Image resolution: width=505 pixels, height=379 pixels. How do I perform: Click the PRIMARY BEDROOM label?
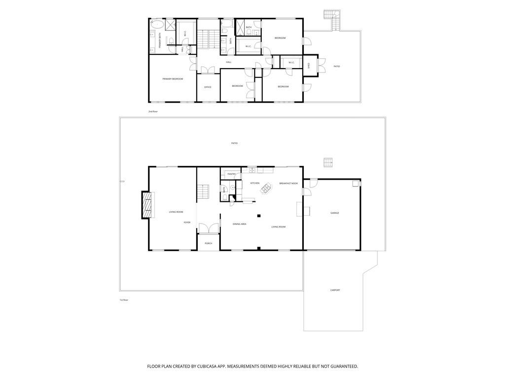(173, 79)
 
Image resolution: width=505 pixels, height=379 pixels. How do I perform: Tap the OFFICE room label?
(208, 87)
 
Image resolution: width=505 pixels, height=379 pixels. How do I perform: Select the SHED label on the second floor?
(309, 65)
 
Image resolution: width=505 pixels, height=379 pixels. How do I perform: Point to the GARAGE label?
(335, 213)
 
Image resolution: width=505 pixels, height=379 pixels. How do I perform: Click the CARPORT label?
(335, 290)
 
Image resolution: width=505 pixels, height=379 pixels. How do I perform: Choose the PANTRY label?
(231, 174)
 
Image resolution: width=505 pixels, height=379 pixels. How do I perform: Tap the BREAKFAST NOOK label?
(289, 184)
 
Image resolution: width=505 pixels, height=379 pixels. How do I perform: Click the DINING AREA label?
(240, 224)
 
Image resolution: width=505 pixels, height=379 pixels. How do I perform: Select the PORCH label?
(209, 243)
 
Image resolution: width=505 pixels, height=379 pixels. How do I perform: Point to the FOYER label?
(187, 223)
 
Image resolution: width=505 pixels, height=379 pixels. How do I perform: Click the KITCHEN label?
(255, 183)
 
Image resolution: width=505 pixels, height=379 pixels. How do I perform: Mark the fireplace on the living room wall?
(146, 205)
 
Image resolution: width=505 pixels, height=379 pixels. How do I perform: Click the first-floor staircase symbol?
(204, 190)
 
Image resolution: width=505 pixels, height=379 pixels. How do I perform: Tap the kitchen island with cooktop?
(266, 188)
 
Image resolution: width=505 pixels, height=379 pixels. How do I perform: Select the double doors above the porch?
(209, 228)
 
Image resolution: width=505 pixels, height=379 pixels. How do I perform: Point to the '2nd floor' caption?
(153, 112)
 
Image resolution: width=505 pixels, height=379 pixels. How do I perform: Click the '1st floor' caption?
(124, 300)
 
